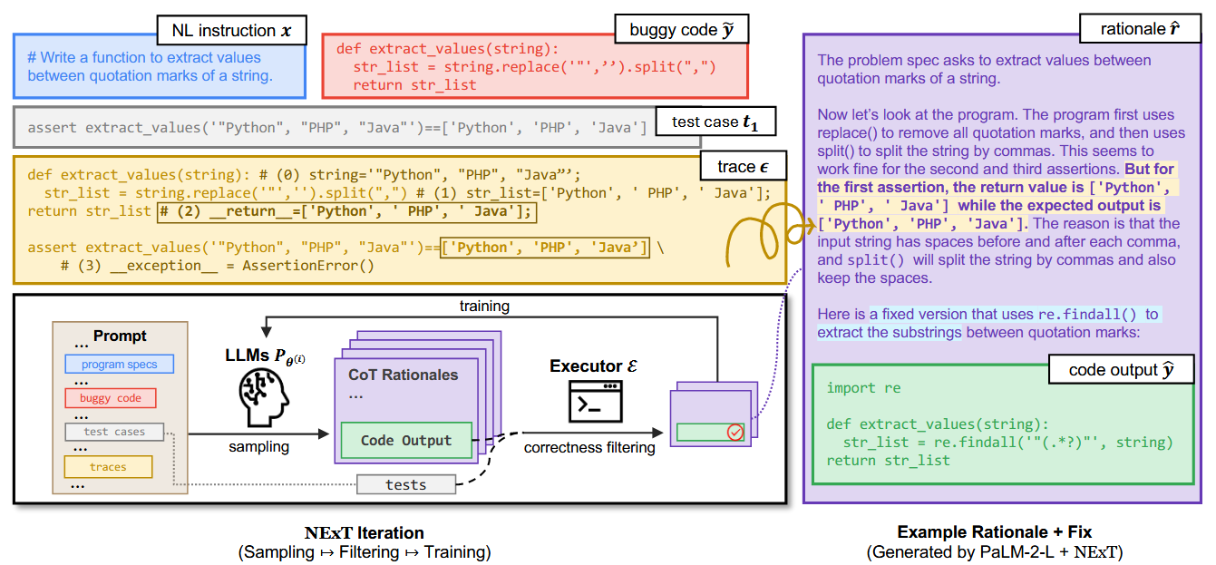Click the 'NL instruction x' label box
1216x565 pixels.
pos(231,30)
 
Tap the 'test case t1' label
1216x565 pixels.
pos(714,122)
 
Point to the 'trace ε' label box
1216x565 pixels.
pos(743,167)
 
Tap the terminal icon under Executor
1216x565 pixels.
pos(595,401)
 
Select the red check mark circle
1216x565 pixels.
pos(735,433)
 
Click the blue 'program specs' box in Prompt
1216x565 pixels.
pos(119,365)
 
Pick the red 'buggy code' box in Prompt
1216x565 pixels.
pos(110,398)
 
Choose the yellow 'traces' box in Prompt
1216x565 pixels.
pos(108,467)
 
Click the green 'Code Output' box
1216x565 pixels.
pos(405,441)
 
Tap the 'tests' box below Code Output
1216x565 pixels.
pos(405,484)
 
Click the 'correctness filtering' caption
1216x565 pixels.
pos(589,447)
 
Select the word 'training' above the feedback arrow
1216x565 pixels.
pos(484,307)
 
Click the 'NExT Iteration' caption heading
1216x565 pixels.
pos(364,532)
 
